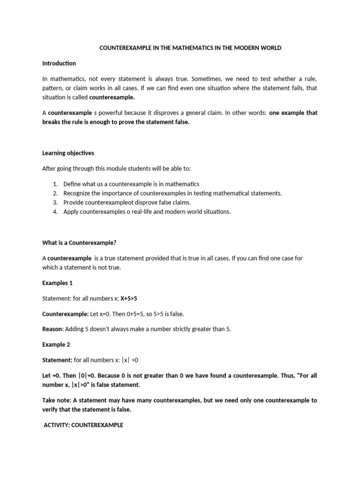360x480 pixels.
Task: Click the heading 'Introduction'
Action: coord(59,63)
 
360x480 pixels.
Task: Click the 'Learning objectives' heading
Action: coord(68,153)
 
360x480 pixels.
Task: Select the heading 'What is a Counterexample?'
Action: coord(79,243)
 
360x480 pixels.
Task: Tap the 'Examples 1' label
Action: coord(58,283)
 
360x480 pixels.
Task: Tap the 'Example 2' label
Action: coord(56,345)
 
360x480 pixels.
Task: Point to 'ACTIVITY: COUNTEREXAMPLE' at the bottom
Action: coord(83,425)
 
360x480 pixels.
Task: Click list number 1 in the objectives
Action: coord(55,184)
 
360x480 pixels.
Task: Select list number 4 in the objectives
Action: coord(55,211)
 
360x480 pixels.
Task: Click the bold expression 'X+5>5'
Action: coord(129,299)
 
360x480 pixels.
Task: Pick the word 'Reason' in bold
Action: coord(52,329)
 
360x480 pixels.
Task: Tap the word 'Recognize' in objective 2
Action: coord(77,193)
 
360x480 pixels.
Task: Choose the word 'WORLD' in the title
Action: coord(271,48)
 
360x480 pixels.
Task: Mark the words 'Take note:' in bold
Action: coord(57,400)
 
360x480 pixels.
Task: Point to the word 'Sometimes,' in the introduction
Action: coord(218,79)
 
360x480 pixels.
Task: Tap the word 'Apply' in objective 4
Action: coord(71,211)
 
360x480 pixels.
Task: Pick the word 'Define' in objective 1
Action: coord(73,184)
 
